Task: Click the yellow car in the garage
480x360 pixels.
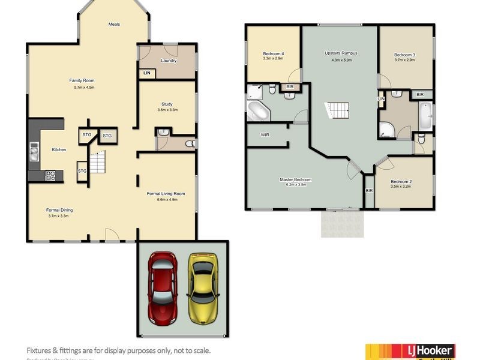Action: tap(202, 286)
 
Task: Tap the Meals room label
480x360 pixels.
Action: tap(114, 25)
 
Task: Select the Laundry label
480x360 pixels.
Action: tap(169, 61)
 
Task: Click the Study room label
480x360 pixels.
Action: tap(167, 104)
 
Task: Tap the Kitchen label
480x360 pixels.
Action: tap(59, 149)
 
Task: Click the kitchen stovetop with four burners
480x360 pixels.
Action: tap(52, 176)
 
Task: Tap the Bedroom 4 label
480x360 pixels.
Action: tap(273, 54)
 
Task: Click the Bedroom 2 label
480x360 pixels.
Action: tap(402, 181)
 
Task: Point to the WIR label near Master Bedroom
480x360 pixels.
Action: tap(265, 135)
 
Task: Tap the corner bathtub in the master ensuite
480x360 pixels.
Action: tap(259, 110)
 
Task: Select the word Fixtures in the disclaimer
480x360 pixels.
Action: tap(40, 350)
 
